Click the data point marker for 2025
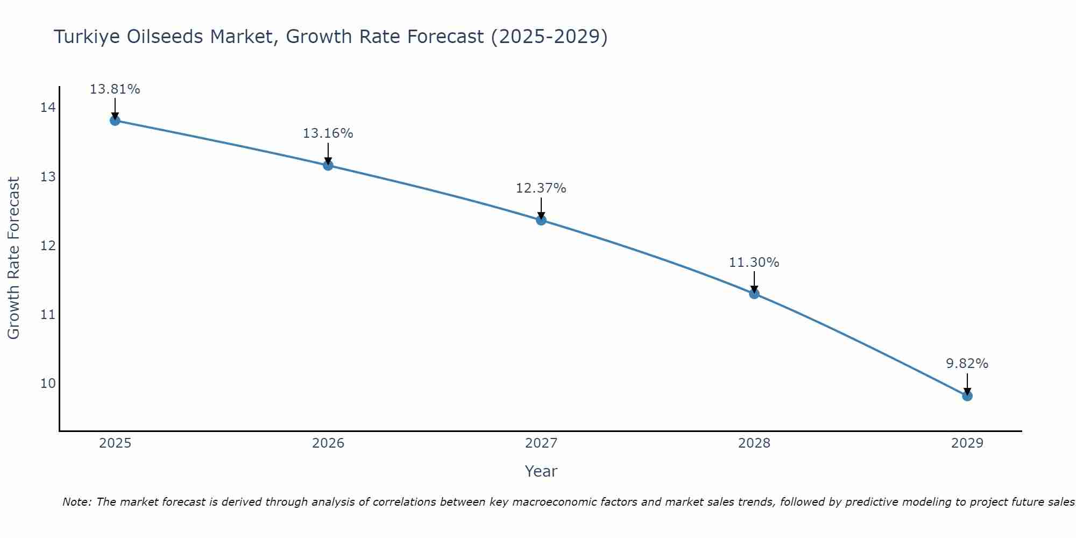click(115, 121)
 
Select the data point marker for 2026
click(328, 165)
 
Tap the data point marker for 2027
click(541, 220)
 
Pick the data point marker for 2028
click(754, 294)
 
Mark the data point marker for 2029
click(967, 396)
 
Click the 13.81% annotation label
click(115, 89)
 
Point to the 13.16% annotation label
click(328, 133)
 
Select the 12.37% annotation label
click(541, 188)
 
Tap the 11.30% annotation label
click(754, 263)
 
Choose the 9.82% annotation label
click(967, 364)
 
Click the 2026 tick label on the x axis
click(328, 443)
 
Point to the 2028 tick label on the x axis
click(754, 443)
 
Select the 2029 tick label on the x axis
click(967, 443)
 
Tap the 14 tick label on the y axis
click(48, 108)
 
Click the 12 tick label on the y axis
click(48, 246)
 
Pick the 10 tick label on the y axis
click(48, 384)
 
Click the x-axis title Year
click(541, 472)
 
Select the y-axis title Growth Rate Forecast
click(14, 258)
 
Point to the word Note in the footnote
click(77, 502)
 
